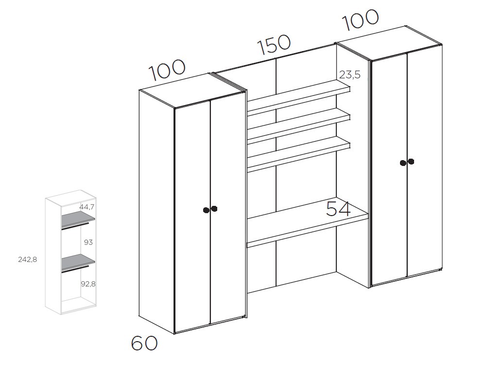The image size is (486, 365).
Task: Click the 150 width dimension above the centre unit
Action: click(274, 45)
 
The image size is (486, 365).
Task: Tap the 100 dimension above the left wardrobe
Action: click(167, 70)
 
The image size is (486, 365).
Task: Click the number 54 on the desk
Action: click(338, 209)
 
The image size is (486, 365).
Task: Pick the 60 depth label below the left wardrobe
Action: click(144, 343)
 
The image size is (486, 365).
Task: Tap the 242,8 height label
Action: click(28, 259)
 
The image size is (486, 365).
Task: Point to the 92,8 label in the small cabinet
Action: click(87, 284)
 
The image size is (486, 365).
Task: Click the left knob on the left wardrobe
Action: click(206, 210)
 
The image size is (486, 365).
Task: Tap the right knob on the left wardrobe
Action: click(214, 209)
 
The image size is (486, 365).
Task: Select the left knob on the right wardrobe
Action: click(403, 163)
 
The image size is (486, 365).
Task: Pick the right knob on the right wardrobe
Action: click(411, 162)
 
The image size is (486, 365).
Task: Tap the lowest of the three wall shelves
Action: click(299, 156)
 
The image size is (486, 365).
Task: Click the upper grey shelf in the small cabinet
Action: click(77, 219)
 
